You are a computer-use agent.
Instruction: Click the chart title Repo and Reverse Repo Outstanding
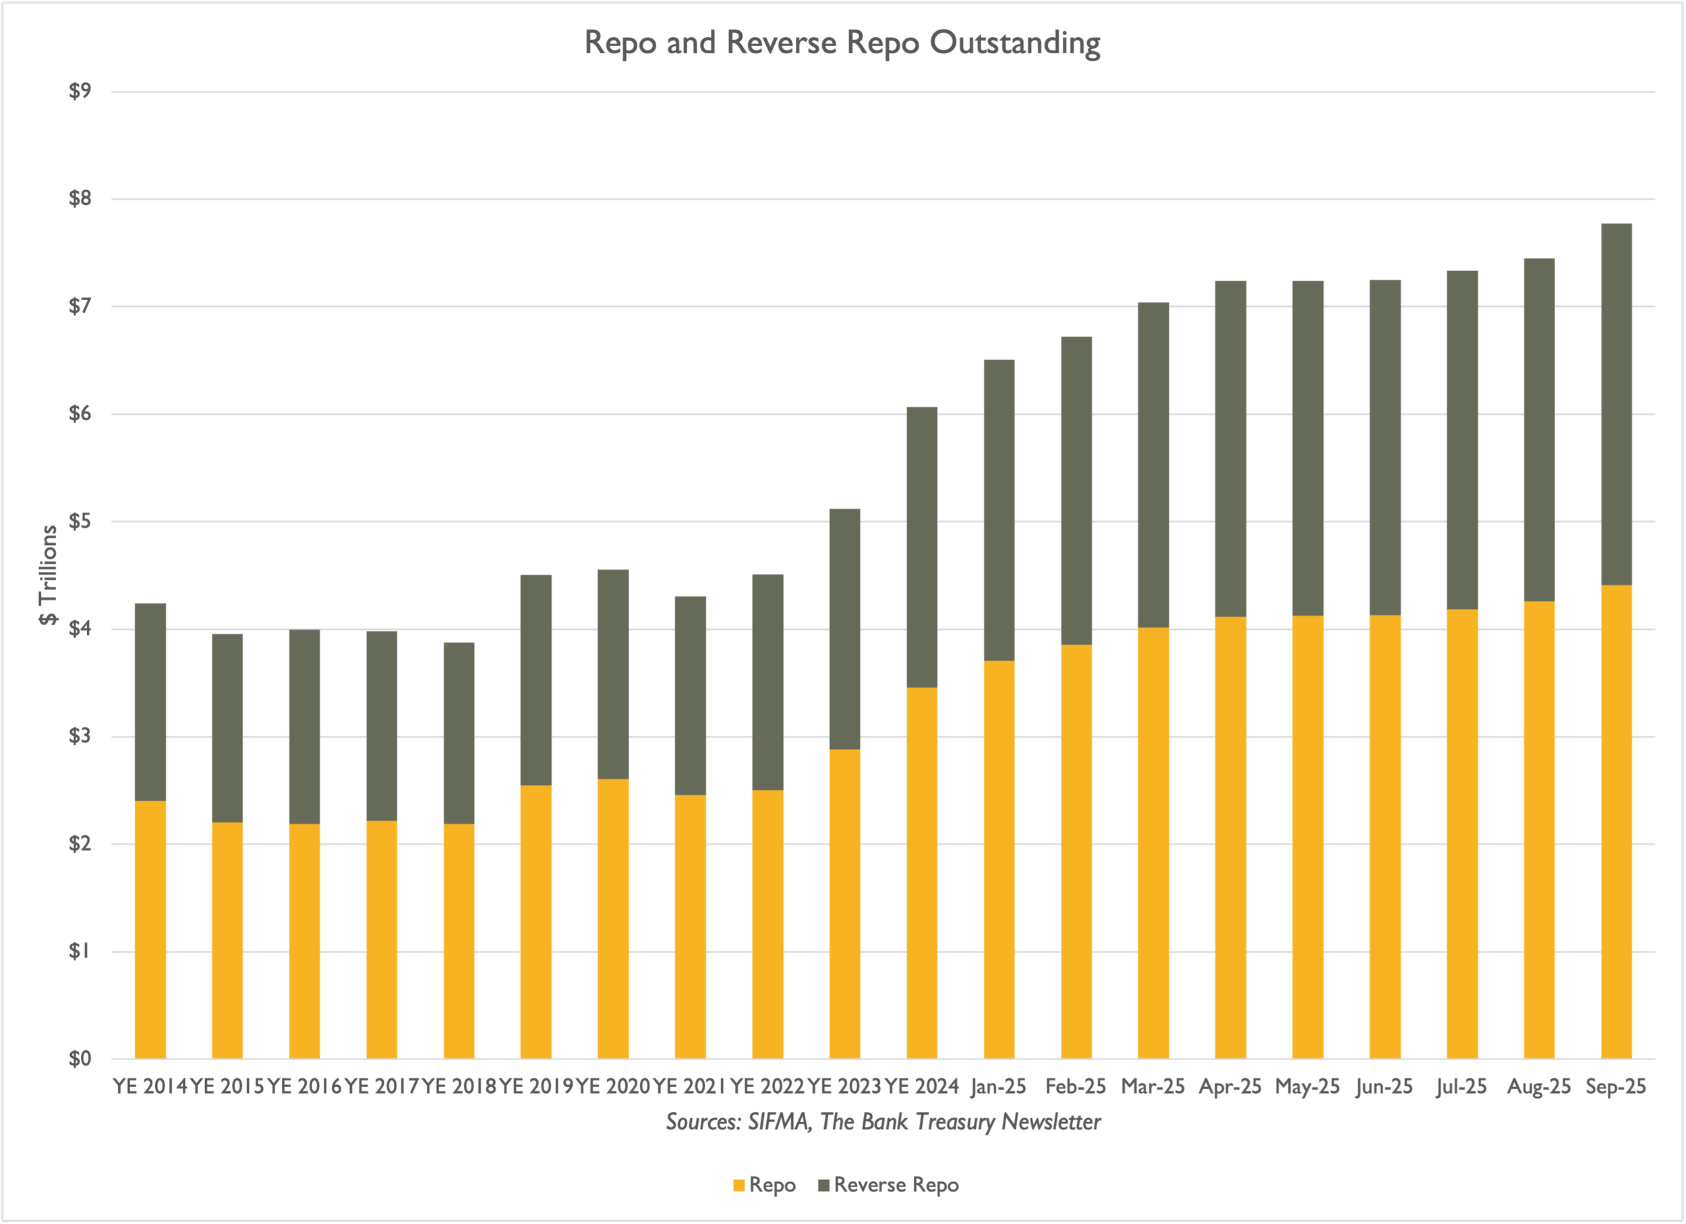[842, 43]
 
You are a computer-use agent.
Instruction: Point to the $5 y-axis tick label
[80, 521]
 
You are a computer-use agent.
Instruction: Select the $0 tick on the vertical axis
[80, 1058]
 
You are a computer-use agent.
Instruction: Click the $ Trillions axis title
[49, 575]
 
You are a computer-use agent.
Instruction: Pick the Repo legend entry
[764, 1185]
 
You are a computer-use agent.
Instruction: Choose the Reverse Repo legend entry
[888, 1185]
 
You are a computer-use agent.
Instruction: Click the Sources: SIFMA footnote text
[883, 1121]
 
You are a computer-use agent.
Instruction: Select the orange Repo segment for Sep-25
[1616, 822]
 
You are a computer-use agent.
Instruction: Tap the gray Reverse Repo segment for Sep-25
[1616, 404]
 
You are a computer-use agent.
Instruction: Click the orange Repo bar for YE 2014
[150, 930]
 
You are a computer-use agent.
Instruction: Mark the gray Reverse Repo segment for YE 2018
[459, 734]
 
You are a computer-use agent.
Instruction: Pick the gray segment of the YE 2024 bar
[922, 548]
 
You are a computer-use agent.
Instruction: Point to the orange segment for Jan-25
[999, 860]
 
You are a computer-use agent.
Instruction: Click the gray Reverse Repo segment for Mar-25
[1154, 465]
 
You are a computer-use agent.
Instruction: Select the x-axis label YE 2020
[613, 1086]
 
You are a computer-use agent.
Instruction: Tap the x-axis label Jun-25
[1384, 1087]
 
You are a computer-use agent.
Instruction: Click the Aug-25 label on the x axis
[1539, 1087]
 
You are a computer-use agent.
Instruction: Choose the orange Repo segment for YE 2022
[768, 925]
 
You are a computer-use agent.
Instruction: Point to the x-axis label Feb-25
[1076, 1086]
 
